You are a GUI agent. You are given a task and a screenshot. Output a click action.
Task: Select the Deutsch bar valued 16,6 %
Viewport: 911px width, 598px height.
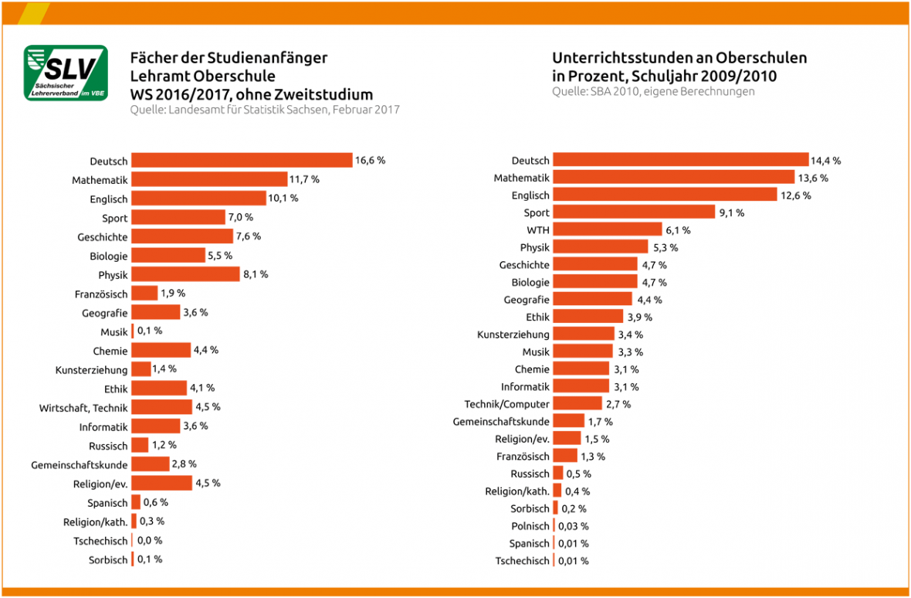coord(242,161)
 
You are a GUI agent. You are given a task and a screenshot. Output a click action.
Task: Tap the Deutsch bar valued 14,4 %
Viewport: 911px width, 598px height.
coord(680,161)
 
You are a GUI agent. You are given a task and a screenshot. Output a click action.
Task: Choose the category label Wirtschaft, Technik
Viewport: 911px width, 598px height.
coord(83,408)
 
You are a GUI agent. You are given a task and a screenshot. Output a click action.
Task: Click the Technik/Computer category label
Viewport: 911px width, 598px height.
coord(506,404)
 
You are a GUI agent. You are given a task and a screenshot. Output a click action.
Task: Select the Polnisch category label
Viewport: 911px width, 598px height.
coord(530,526)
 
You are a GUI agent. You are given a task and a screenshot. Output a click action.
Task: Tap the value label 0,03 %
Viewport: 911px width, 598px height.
coord(574,526)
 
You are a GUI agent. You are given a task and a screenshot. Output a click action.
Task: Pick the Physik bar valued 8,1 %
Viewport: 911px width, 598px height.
coord(185,274)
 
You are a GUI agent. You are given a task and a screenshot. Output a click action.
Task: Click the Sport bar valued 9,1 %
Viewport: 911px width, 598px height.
coord(634,212)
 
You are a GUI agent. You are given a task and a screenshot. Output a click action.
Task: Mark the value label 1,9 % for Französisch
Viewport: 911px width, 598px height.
coord(173,294)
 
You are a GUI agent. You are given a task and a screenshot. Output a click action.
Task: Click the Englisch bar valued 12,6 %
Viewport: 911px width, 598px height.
coord(665,195)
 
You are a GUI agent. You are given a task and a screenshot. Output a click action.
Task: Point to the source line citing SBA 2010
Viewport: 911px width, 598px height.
coord(653,92)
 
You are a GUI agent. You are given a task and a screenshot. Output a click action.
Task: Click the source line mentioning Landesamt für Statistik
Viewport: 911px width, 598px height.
coord(265,110)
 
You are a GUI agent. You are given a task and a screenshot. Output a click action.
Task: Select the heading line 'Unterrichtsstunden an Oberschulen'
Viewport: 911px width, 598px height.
coord(679,59)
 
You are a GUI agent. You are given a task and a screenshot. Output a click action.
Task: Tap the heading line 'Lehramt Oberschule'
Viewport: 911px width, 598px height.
coord(202,76)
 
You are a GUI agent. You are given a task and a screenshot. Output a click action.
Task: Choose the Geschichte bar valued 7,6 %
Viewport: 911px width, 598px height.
coord(181,236)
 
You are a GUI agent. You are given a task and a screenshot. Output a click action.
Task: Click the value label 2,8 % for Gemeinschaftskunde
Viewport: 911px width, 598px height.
coord(184,464)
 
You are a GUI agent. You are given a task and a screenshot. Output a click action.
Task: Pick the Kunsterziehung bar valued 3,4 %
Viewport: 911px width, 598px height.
coord(584,335)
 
